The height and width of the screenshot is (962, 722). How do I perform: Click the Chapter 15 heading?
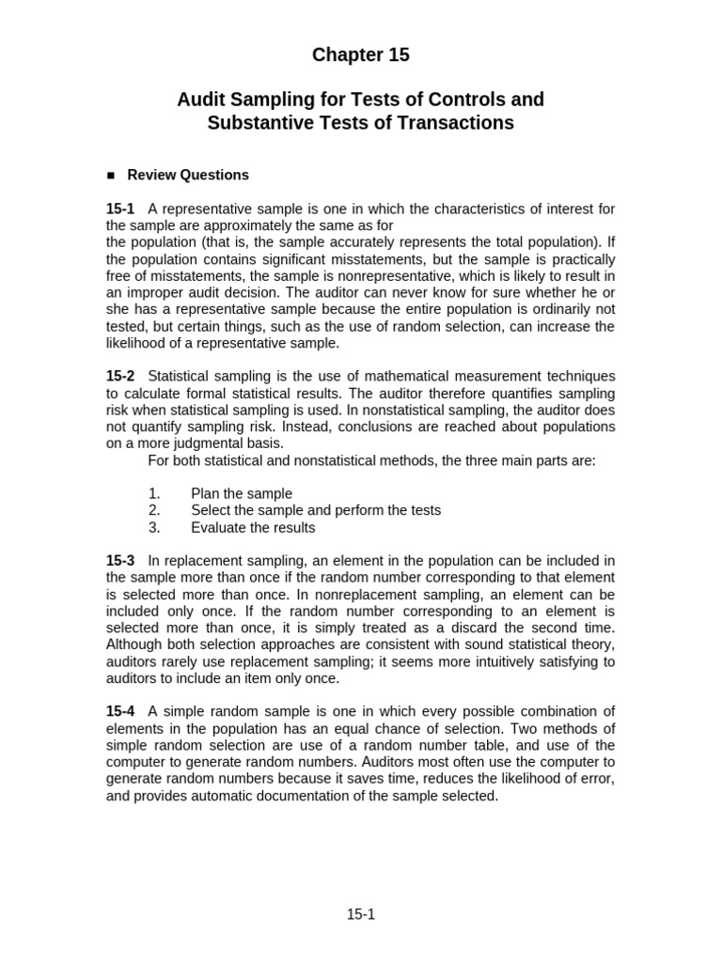pos(361,55)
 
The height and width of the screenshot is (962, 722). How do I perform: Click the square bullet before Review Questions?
pos(111,176)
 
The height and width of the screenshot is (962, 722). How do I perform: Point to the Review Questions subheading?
pos(188,175)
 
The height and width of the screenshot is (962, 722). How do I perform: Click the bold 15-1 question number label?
pos(120,209)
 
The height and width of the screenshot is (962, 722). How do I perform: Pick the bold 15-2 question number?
pos(120,376)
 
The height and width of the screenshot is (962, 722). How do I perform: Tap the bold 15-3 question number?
pos(120,561)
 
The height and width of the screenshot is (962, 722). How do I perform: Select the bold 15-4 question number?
pos(120,711)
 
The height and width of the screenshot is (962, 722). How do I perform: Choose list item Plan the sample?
pos(242,493)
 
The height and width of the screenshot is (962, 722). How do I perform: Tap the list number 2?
pos(154,510)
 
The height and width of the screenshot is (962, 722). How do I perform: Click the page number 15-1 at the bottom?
pos(361,914)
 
